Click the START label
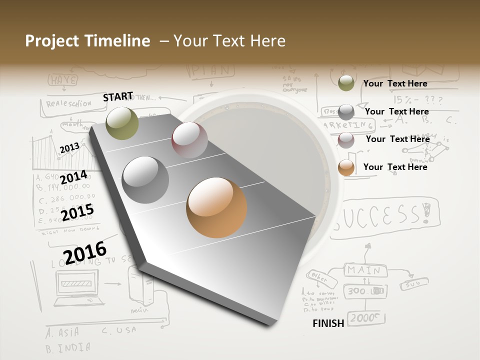(x=118, y=96)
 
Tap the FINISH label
(x=328, y=323)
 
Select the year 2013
(x=69, y=148)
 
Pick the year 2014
(x=73, y=177)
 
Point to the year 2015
(x=77, y=212)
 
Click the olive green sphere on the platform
(x=122, y=123)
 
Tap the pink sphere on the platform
(x=189, y=140)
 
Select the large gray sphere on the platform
(x=145, y=180)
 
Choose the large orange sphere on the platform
(x=216, y=207)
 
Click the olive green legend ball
(x=346, y=83)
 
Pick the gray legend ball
(x=346, y=112)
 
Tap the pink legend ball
(x=346, y=140)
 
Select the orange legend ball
(x=346, y=167)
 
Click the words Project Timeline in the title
(x=87, y=41)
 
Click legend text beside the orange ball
(x=395, y=167)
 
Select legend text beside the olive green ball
(x=395, y=83)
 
